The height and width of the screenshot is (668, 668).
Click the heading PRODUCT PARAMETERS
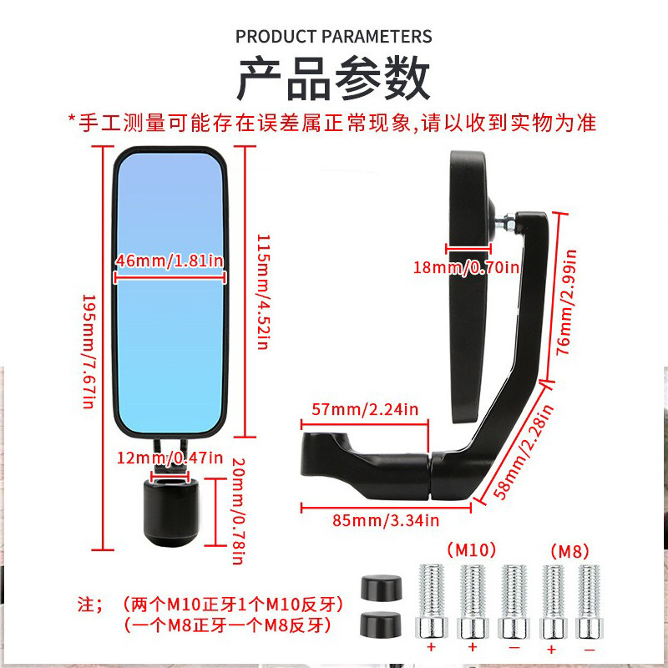(x=334, y=37)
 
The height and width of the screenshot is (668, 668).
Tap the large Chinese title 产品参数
(x=334, y=80)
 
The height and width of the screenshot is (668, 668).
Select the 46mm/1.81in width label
(x=170, y=261)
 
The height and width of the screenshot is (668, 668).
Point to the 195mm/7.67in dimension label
(x=87, y=351)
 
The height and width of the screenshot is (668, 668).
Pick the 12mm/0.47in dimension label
(x=170, y=458)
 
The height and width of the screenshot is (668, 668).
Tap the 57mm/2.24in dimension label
(x=365, y=410)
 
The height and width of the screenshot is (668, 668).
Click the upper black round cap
(x=378, y=586)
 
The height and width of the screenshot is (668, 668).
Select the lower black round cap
(x=378, y=624)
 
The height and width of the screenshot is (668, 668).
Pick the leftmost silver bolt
(x=433, y=600)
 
